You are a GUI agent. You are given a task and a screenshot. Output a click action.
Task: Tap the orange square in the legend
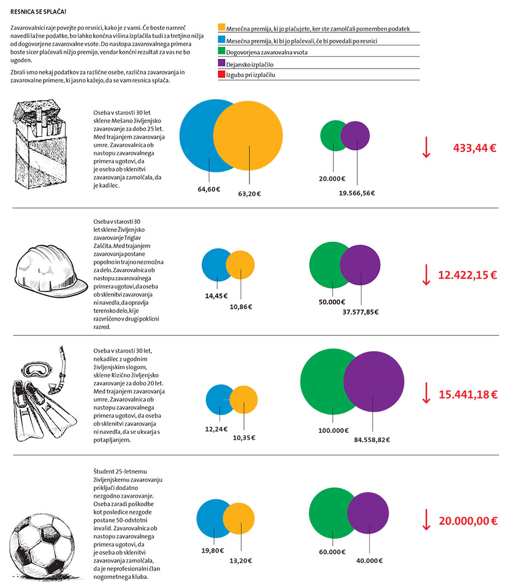tap(221, 28)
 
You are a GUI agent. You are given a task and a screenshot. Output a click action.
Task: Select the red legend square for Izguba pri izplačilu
tap(221, 75)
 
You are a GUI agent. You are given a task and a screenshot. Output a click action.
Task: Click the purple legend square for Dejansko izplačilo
tap(221, 64)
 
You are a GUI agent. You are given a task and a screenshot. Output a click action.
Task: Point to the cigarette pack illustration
tap(45, 147)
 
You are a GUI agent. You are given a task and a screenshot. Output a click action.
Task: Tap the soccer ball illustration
tap(48, 538)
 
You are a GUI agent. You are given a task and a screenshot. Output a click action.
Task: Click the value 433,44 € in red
tap(474, 148)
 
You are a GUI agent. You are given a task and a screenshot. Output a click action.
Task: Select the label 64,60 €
tap(209, 189)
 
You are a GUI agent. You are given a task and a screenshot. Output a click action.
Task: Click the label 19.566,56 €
tap(357, 193)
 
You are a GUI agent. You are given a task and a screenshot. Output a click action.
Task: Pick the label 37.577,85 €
tap(360, 312)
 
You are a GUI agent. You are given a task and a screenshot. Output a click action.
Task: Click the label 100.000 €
tap(333, 430)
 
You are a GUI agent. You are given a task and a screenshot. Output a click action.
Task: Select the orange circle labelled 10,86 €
tap(241, 265)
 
